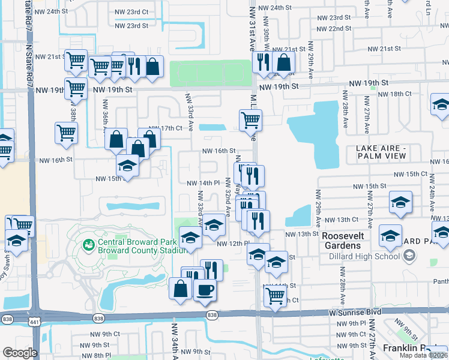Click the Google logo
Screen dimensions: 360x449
(x=20, y=353)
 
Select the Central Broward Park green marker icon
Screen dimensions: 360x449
(x=89, y=244)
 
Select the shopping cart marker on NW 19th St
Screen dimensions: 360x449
(x=76, y=88)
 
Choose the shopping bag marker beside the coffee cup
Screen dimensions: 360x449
(x=180, y=288)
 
